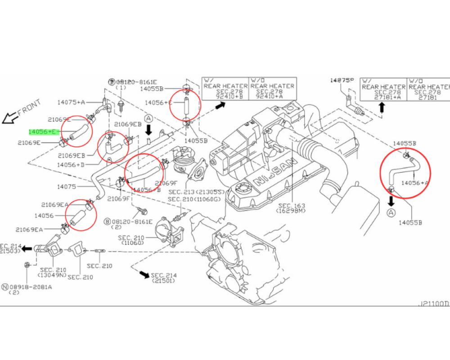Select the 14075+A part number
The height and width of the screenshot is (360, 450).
tap(71, 102)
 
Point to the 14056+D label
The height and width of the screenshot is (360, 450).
tap(71, 165)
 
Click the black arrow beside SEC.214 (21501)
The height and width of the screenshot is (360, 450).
tap(144, 274)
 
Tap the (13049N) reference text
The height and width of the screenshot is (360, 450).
tap(53, 274)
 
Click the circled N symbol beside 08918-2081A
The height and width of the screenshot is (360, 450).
tap(5, 286)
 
